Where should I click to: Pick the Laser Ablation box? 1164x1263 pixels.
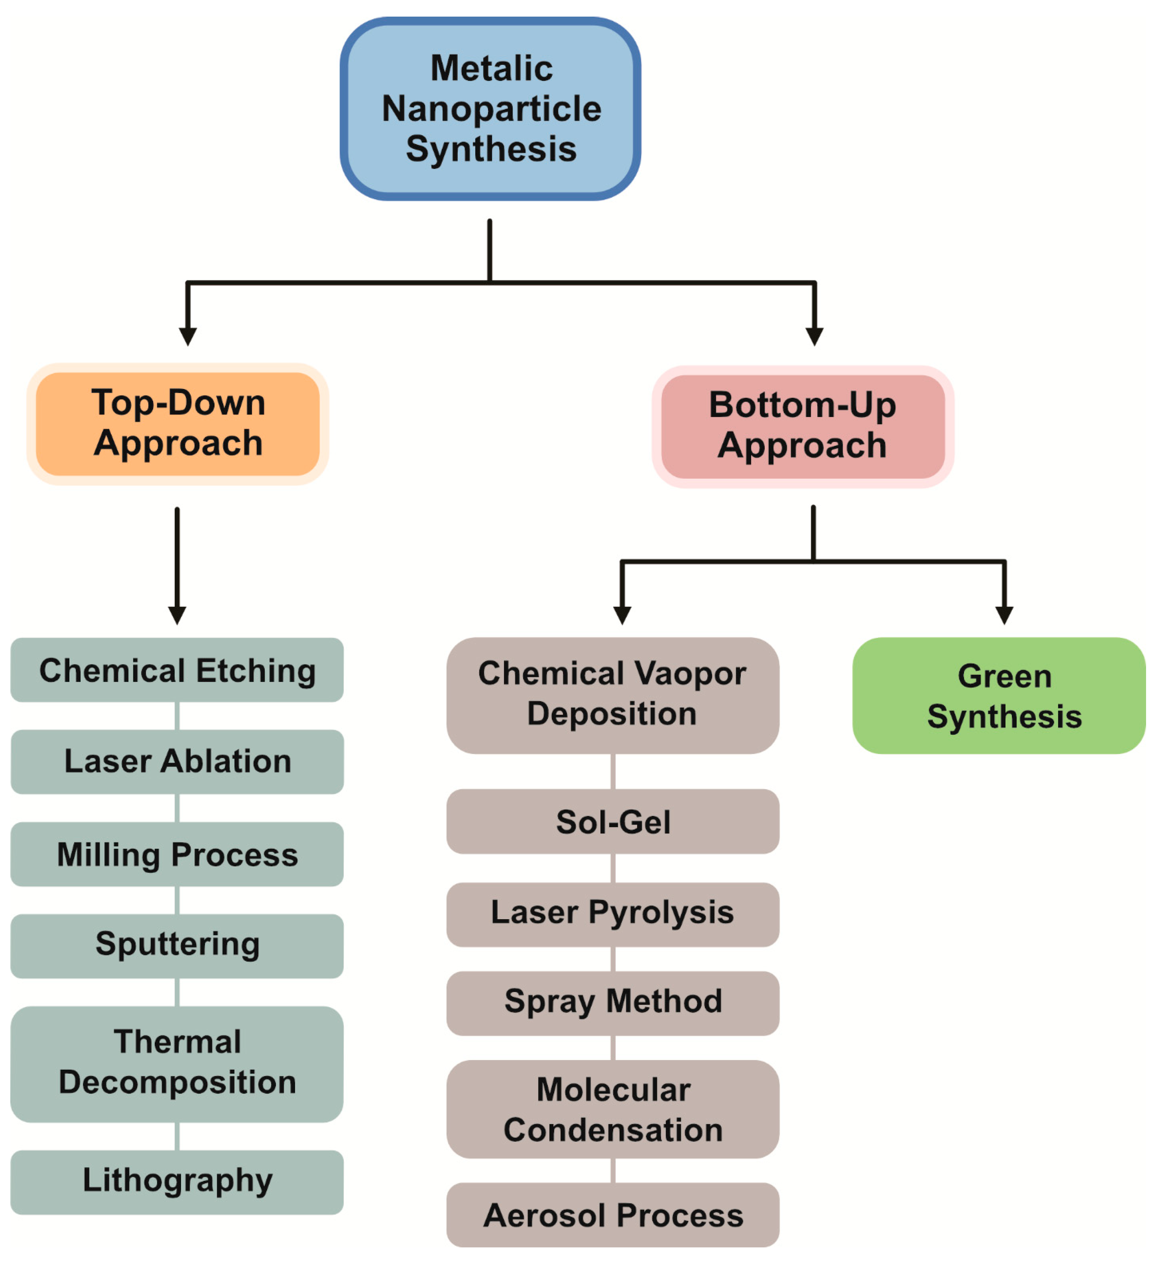click(x=177, y=762)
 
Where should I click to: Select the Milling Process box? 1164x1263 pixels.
click(x=177, y=854)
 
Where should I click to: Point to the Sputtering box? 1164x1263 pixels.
click(x=177, y=945)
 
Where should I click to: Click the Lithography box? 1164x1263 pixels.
click(x=177, y=1182)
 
